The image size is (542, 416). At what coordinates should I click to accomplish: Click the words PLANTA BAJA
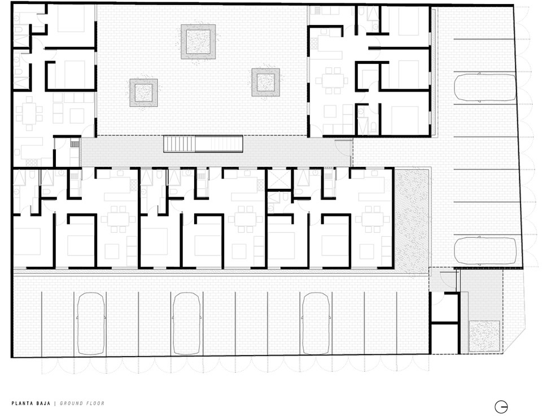coord(30,403)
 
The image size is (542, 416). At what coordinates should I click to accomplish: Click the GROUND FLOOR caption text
coord(82,403)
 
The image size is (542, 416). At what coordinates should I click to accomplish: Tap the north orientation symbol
coord(501,406)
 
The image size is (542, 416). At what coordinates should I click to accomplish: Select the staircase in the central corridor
coord(203,144)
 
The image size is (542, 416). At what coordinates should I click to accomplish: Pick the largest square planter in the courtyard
coord(198,41)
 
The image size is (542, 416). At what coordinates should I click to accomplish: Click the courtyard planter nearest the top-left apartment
coord(143,93)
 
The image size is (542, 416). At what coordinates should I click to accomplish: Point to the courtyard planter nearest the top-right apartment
coord(265,83)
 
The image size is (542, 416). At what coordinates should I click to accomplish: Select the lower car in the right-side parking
coord(484,250)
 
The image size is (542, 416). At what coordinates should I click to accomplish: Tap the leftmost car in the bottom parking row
coord(91,324)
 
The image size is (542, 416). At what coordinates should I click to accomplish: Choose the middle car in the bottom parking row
coord(186,324)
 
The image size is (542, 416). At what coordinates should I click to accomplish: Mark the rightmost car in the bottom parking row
coord(316,324)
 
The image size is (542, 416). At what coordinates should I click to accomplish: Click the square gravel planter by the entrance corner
coord(484,336)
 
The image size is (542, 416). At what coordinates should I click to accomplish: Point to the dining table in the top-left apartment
coord(29,114)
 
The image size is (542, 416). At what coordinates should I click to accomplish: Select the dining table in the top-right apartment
coord(332,81)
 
